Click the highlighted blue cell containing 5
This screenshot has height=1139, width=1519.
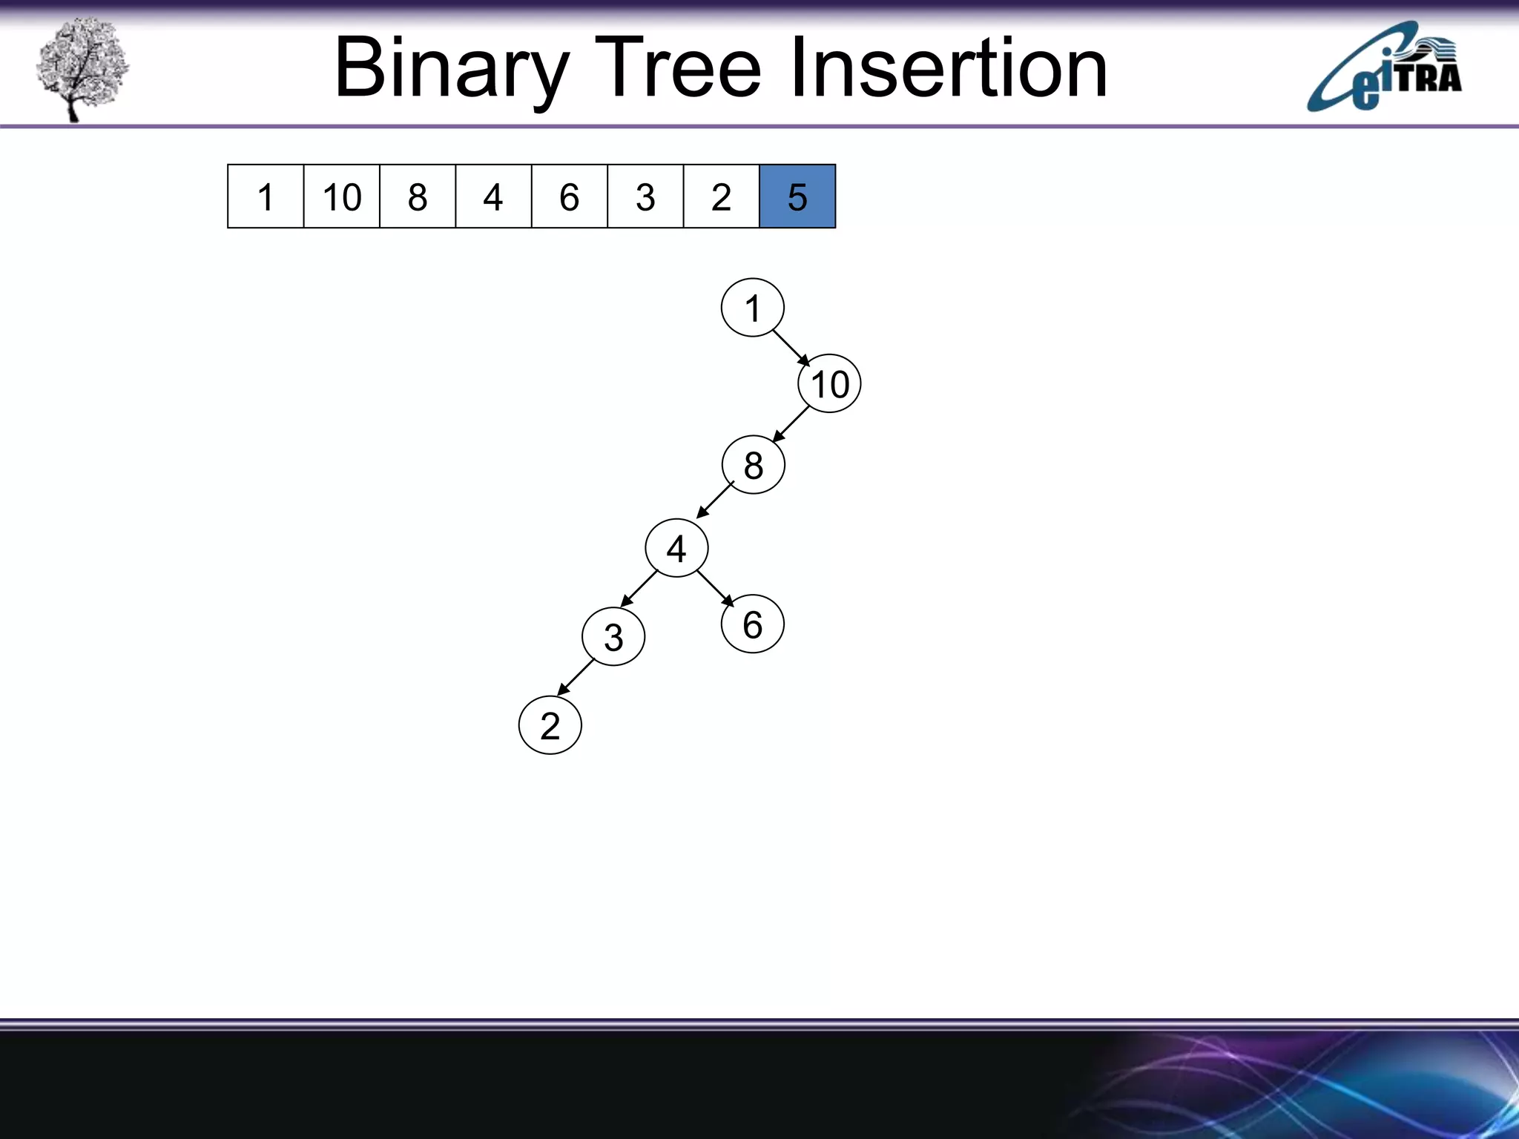797,197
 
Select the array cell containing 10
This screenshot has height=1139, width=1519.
341,197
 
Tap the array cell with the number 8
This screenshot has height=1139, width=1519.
418,197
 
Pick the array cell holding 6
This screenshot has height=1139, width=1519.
569,197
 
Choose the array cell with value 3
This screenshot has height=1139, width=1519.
645,197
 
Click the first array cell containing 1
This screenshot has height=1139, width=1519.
266,197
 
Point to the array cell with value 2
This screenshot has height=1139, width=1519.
721,197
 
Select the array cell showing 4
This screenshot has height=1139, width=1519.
493,197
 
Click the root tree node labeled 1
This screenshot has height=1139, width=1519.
752,308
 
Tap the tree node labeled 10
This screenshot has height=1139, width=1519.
829,384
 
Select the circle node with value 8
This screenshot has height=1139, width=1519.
753,465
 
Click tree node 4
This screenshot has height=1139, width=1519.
676,549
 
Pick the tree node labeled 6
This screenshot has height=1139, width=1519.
752,624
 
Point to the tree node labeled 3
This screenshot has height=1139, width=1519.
613,637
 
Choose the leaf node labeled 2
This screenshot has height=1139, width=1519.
550,725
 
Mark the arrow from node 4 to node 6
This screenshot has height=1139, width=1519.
715,588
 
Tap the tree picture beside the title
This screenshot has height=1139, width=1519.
82,68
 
